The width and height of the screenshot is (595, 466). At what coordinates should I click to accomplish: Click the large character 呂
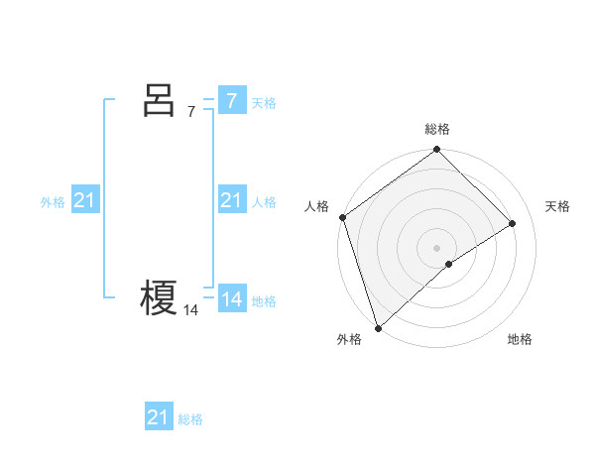(159, 101)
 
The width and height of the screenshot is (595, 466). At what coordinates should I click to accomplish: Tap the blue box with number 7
(231, 100)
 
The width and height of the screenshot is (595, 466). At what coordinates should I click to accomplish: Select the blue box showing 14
(231, 299)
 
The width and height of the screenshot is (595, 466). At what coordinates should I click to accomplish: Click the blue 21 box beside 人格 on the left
(231, 201)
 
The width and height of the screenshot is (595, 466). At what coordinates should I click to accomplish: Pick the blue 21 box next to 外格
(85, 201)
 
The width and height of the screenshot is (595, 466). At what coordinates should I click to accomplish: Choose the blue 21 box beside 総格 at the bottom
(159, 417)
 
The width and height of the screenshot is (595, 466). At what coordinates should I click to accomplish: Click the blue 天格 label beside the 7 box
(264, 102)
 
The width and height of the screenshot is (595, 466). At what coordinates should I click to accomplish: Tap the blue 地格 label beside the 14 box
(264, 301)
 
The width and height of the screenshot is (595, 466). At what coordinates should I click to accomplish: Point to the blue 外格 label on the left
(53, 202)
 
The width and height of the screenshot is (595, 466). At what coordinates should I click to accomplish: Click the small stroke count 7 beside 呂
(191, 111)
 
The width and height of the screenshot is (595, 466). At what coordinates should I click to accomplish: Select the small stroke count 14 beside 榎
(190, 310)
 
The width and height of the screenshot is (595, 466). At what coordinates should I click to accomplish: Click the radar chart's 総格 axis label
(437, 130)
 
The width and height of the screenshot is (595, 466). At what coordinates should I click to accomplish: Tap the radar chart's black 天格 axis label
(558, 206)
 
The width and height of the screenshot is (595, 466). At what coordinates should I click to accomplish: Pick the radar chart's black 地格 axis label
(520, 339)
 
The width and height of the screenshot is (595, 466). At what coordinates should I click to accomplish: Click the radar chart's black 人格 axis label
(316, 206)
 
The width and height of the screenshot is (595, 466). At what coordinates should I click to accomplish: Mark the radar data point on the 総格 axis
(437, 151)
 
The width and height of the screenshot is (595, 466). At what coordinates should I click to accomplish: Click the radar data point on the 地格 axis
(449, 264)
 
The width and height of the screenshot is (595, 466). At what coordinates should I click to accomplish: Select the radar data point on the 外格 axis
(378, 326)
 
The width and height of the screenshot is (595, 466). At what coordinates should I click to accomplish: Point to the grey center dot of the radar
(437, 247)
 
